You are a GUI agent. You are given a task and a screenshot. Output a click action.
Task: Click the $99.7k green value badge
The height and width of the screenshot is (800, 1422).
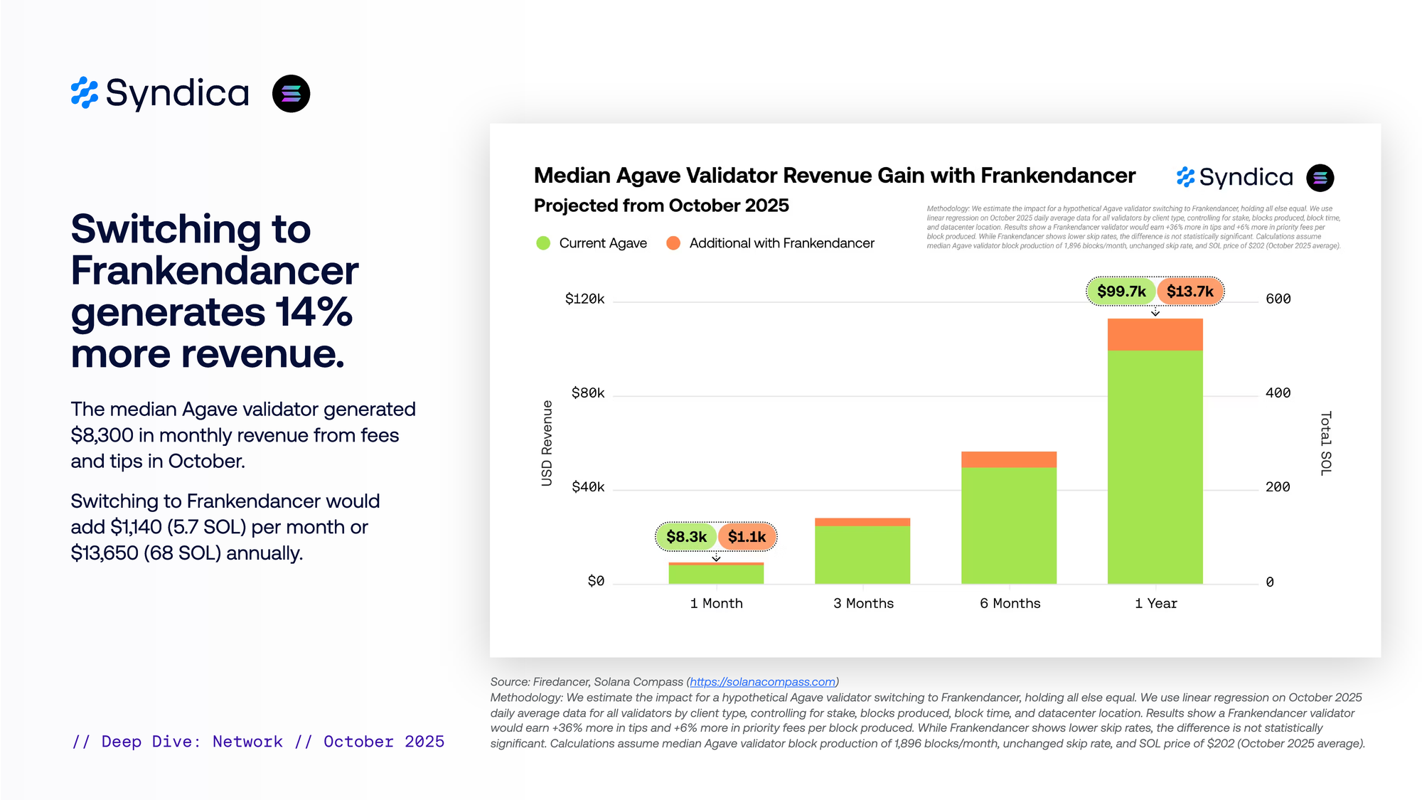(1121, 292)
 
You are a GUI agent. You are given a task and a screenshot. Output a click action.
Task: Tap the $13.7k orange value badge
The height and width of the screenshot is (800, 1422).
(1190, 292)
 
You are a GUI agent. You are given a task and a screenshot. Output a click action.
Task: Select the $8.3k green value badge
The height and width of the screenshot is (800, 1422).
(686, 537)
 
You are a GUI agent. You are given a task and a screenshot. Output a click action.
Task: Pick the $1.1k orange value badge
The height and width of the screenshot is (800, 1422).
(747, 537)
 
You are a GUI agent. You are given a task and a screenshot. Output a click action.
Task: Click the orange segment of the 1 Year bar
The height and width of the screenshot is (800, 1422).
(1155, 334)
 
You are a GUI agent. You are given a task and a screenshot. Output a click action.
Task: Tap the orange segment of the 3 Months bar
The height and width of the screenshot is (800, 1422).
(862, 522)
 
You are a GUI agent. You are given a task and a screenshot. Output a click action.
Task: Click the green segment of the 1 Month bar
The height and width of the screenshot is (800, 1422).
(716, 575)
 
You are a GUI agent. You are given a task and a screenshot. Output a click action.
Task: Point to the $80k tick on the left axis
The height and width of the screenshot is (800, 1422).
(587, 393)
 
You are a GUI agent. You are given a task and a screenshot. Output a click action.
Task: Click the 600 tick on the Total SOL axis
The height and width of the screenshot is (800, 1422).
(1278, 299)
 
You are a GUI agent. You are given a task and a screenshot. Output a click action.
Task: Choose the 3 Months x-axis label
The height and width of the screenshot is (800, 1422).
(863, 604)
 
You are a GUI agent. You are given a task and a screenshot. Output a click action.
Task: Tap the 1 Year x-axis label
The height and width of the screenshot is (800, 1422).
(1155, 604)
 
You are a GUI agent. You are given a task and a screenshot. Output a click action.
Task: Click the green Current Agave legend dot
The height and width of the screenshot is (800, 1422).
(543, 243)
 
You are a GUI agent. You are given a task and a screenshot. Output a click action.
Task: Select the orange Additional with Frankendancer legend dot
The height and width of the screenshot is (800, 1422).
(673, 243)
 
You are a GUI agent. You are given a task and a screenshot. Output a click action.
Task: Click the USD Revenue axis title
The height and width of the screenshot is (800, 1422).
(547, 443)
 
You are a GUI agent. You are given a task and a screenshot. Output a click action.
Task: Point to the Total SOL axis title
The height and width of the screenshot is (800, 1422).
(1326, 443)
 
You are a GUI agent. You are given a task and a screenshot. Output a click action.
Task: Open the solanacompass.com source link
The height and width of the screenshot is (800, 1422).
(762, 682)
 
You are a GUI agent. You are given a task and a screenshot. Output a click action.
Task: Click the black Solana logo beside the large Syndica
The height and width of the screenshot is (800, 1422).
(291, 94)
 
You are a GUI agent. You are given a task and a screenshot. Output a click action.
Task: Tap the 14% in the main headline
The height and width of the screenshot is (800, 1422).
(314, 312)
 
